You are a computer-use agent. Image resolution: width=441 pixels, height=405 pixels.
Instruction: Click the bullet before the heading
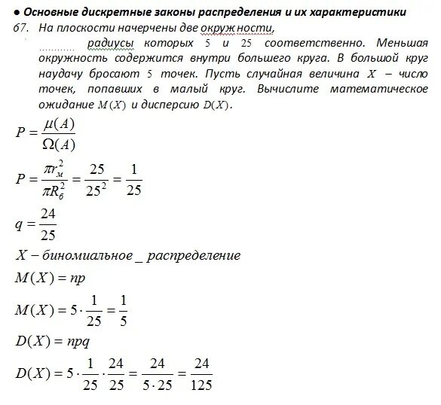click(17, 13)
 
